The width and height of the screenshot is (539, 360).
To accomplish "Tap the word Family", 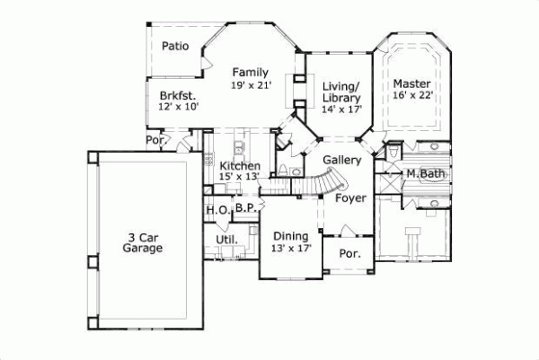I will pos(250,72).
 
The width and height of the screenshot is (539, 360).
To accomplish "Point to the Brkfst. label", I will pos(178,94).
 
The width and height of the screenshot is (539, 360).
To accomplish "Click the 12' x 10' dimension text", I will pos(178,106).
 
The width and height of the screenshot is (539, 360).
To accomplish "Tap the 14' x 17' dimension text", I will pos(341,110).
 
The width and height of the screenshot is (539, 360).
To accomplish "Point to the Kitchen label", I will pos(240,166).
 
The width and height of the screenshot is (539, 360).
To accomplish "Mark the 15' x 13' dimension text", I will pos(240,178).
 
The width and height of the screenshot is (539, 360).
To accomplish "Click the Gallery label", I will pos(342,160).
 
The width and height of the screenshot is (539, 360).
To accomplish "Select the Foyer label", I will pos(351,199).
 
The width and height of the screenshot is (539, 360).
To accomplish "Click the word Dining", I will pos(291,235).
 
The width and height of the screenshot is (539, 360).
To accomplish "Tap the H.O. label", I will pos(216,210).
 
